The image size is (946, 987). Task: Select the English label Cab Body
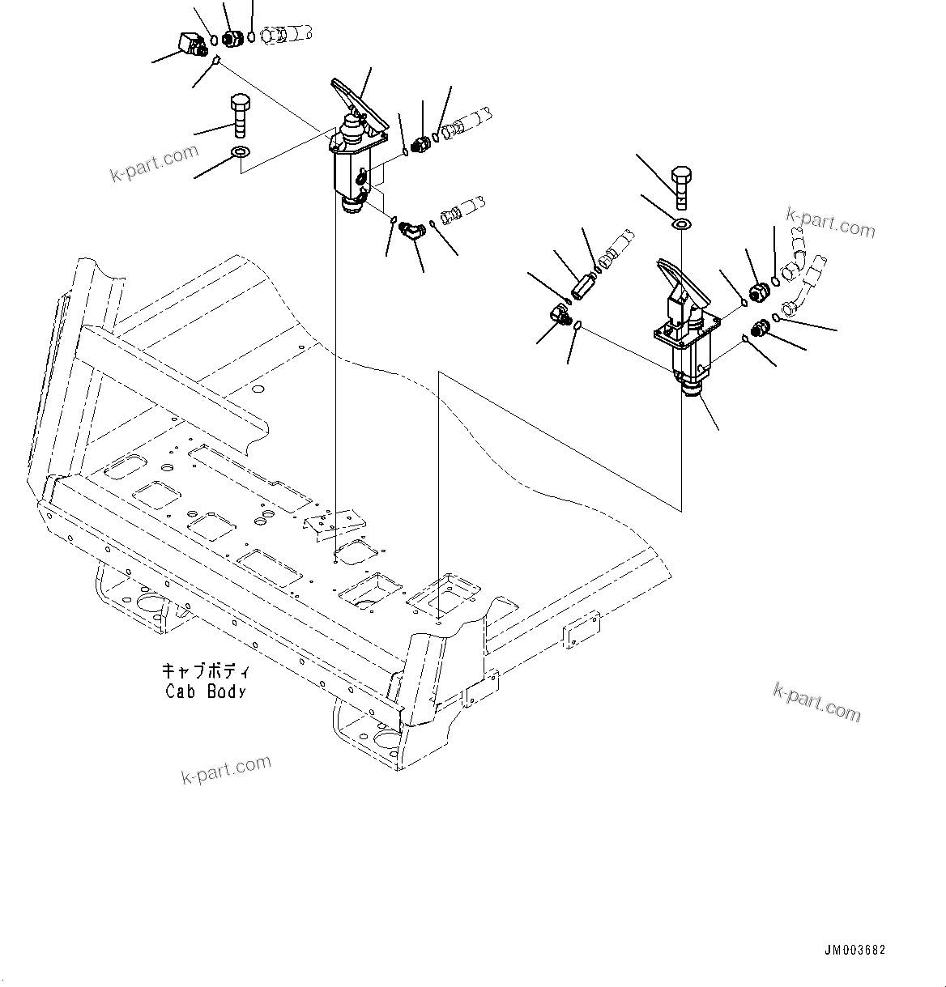point(206,691)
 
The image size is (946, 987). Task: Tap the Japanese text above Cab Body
point(206,671)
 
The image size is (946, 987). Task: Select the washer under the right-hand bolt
point(682,223)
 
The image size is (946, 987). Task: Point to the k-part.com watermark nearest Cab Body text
point(226,770)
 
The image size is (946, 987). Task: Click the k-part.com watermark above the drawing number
point(816,701)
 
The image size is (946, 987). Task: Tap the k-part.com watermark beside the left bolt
point(154,163)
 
